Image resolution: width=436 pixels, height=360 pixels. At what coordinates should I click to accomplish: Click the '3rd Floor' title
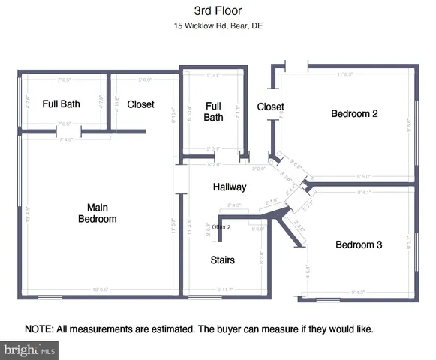218,11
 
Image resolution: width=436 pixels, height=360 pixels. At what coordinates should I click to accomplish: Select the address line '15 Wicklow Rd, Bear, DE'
218,26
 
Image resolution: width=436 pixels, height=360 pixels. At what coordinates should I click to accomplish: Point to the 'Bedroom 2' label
354,114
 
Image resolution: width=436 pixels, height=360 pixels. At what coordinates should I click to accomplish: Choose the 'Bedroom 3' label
359,245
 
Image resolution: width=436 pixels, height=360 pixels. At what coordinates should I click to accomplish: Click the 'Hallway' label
230,187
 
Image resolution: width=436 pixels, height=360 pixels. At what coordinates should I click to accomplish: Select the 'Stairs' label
222,260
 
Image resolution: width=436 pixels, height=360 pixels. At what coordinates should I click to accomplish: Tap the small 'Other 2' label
221,226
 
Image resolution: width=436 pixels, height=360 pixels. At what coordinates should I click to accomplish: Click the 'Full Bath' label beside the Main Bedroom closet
61,104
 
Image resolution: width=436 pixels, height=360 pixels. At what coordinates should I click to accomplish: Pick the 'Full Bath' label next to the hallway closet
214,112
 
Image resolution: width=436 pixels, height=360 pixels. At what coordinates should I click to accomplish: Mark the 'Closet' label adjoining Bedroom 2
270,107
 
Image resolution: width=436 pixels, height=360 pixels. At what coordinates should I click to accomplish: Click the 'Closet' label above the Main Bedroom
140,104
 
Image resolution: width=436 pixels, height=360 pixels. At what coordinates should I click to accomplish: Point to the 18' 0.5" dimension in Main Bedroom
99,289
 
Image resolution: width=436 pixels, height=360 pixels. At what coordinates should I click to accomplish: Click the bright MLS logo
30,349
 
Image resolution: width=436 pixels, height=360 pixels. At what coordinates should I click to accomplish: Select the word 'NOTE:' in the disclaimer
38,329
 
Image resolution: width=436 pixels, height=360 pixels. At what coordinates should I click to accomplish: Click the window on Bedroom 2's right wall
416,124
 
